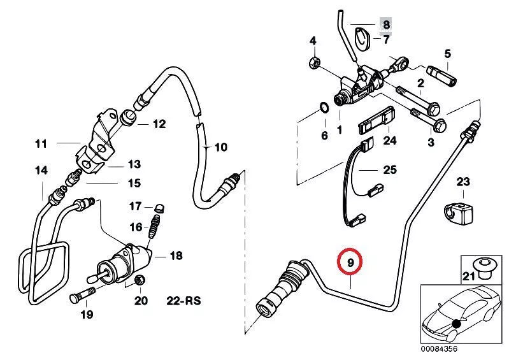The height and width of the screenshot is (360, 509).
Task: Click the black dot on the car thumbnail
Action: (x=457, y=324)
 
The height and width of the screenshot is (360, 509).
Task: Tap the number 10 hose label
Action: (x=220, y=148)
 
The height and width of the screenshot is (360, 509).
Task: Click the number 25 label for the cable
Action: (x=389, y=169)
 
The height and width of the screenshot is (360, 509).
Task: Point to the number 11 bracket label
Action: (x=41, y=144)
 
